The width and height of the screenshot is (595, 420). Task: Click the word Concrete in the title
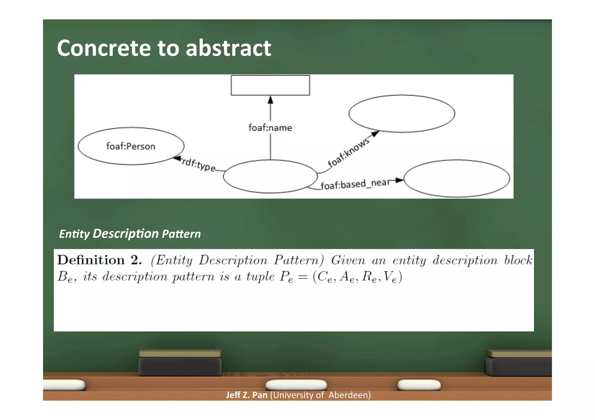tap(104, 48)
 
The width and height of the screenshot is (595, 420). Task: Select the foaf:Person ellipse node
tap(131, 146)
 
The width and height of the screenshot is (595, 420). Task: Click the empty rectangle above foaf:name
tap(270, 85)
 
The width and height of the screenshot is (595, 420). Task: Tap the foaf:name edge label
tap(270, 128)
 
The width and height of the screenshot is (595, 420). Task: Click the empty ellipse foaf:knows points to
tap(402, 113)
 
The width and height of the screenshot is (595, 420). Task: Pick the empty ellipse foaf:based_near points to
tap(457, 179)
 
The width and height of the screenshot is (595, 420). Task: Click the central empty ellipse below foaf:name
tap(270, 176)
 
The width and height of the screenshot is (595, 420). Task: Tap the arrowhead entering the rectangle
tap(270, 100)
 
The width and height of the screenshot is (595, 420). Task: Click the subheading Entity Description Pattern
tap(130, 234)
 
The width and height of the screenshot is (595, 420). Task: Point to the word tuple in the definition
tap(260, 276)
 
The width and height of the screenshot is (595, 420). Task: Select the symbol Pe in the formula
tap(286, 277)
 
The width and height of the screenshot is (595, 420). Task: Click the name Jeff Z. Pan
tap(247, 395)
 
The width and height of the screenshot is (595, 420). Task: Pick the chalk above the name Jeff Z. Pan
tap(296, 385)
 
